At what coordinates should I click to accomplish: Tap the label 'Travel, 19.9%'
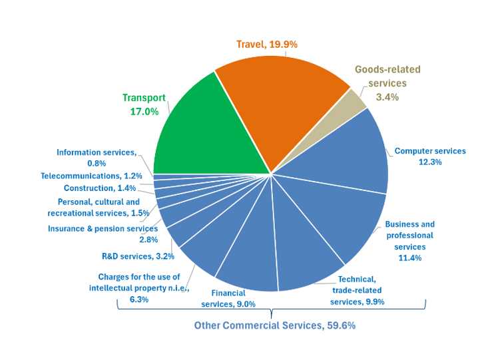(x=266, y=44)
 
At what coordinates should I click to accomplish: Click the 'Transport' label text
(x=143, y=98)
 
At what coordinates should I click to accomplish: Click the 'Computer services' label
(x=430, y=151)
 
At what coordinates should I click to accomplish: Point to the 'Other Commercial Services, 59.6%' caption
(x=274, y=325)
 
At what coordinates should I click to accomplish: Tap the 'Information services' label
(x=96, y=152)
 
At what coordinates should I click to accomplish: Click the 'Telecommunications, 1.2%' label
(x=91, y=176)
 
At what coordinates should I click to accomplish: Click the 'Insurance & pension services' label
(x=103, y=229)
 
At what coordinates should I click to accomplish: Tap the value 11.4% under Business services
(x=409, y=258)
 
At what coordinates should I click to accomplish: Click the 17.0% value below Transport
(x=143, y=111)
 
